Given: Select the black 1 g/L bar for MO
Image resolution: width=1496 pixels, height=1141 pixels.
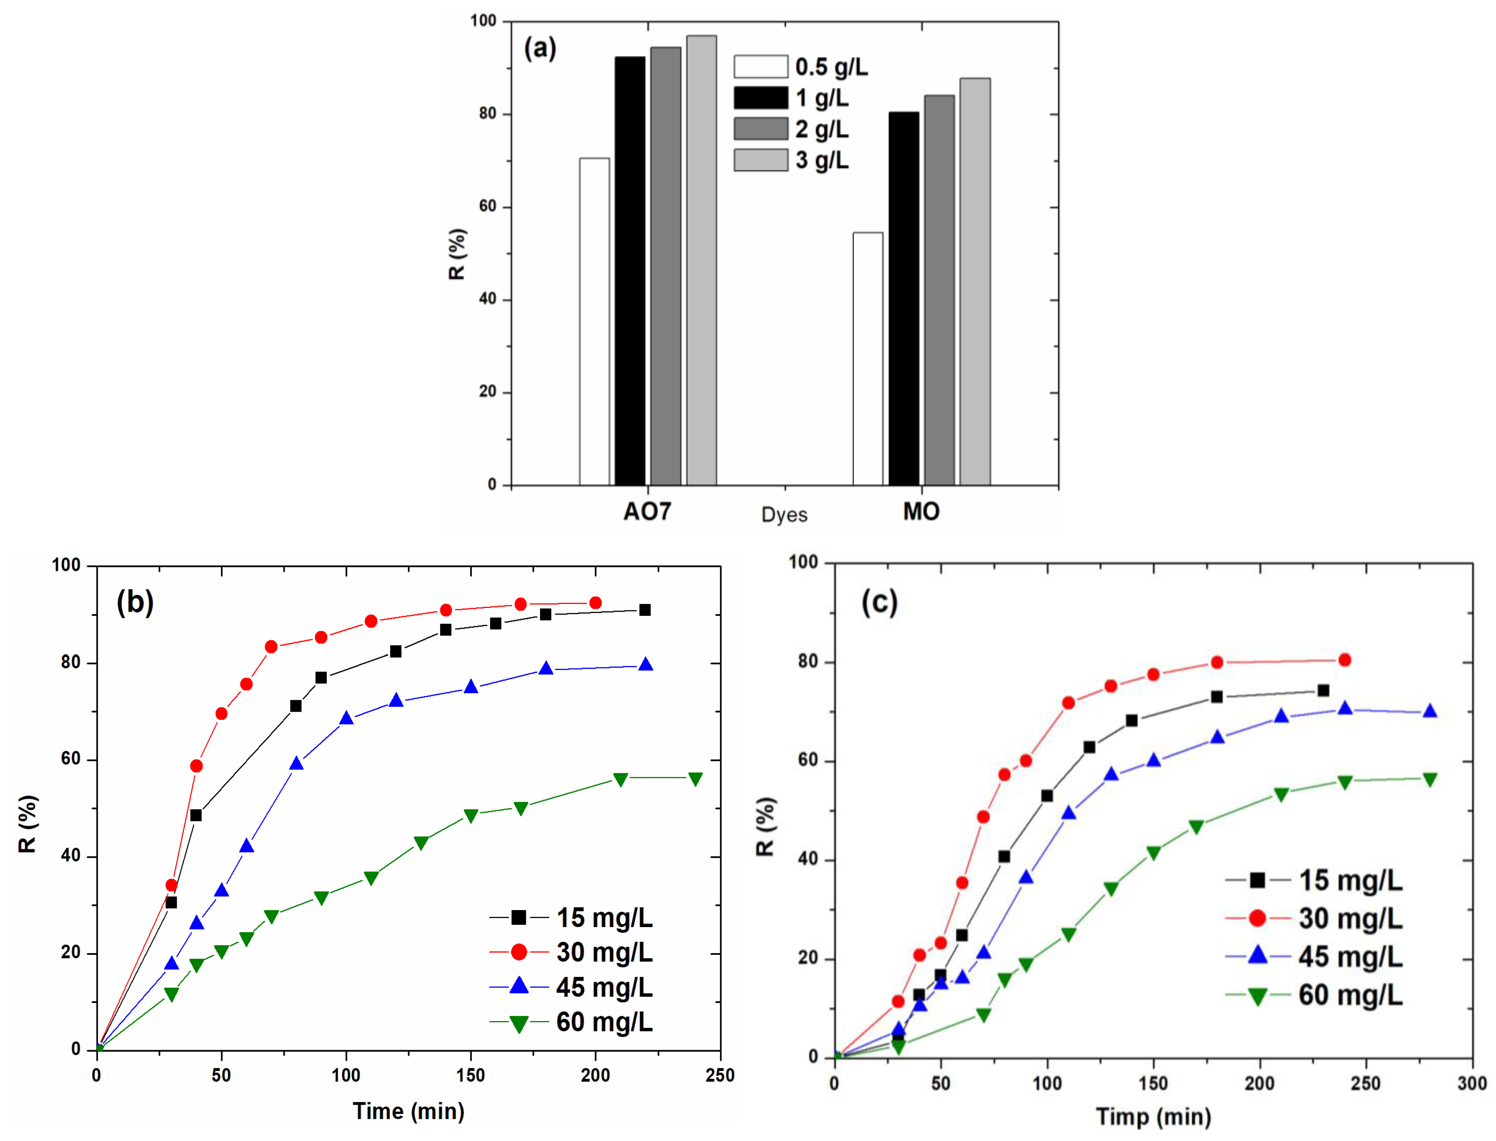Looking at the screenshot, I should (904, 298).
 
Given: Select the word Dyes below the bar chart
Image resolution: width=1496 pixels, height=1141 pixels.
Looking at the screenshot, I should (784, 515).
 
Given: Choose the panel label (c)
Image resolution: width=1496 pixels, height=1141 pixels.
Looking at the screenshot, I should (879, 602).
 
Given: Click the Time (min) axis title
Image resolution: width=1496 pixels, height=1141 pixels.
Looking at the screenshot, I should (408, 1111).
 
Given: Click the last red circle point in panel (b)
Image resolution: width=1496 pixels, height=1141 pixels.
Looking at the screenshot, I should (595, 603).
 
